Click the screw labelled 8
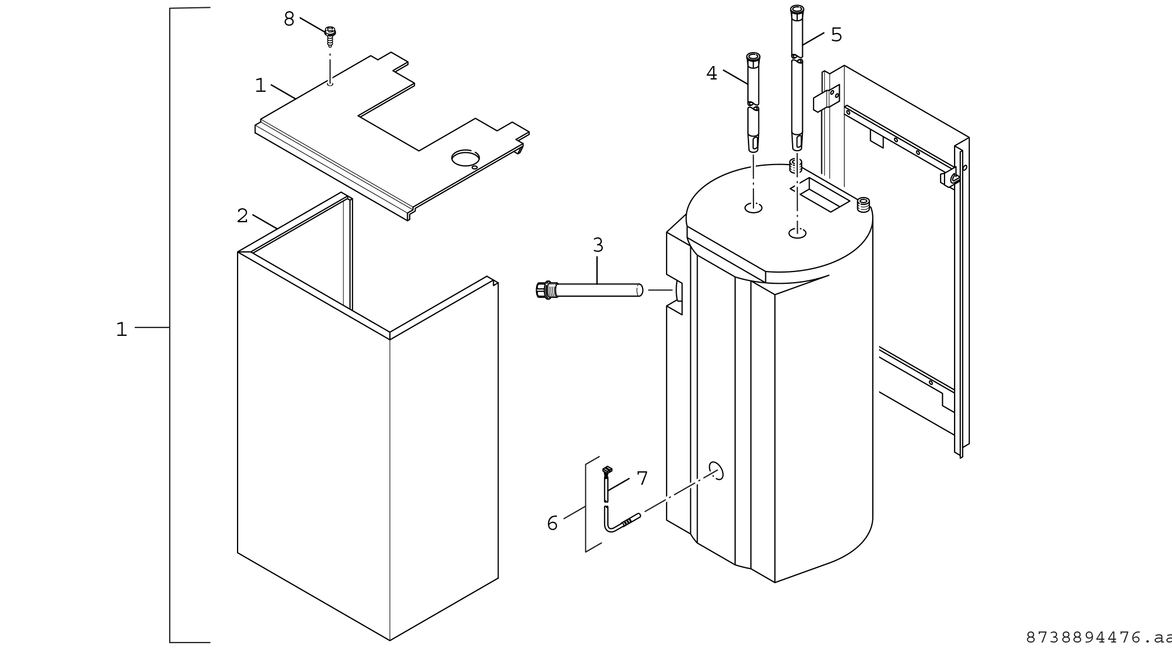pos(330,35)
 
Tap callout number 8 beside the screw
pos(289,20)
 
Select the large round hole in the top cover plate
pos(465,158)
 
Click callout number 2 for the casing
pos(242,216)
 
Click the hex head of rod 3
pos(542,290)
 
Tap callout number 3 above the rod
pos(598,245)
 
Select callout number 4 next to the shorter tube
pos(711,73)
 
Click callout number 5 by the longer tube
pos(836,35)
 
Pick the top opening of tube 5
pos(797,9)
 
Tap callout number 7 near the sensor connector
pos(642,479)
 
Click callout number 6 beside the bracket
pos(552,523)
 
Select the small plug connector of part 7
pos(607,470)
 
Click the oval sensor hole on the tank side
pos(716,471)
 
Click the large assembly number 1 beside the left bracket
pos(122,329)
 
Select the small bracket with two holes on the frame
pos(827,99)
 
